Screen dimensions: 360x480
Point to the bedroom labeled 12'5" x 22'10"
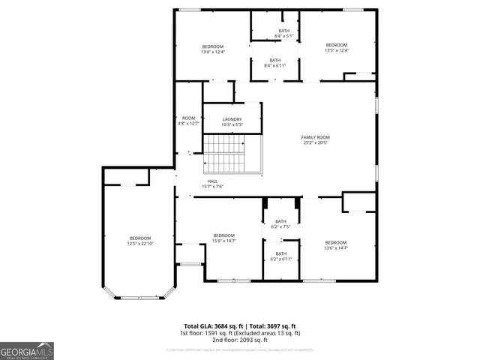pos(140,240)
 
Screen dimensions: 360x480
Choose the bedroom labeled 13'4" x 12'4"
pos(212,49)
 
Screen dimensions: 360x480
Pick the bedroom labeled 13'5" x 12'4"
pos(336,48)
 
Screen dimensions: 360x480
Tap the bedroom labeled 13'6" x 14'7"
pos(335,244)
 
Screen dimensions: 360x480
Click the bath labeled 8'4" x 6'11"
pos(275,63)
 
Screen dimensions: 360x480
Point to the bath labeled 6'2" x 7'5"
pos(280,223)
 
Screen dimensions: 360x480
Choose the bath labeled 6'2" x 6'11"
pos(280,256)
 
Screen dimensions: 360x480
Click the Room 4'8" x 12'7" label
pos(188,121)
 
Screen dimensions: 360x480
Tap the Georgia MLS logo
pos(27,350)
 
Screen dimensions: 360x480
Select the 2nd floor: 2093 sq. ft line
pos(240,340)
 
